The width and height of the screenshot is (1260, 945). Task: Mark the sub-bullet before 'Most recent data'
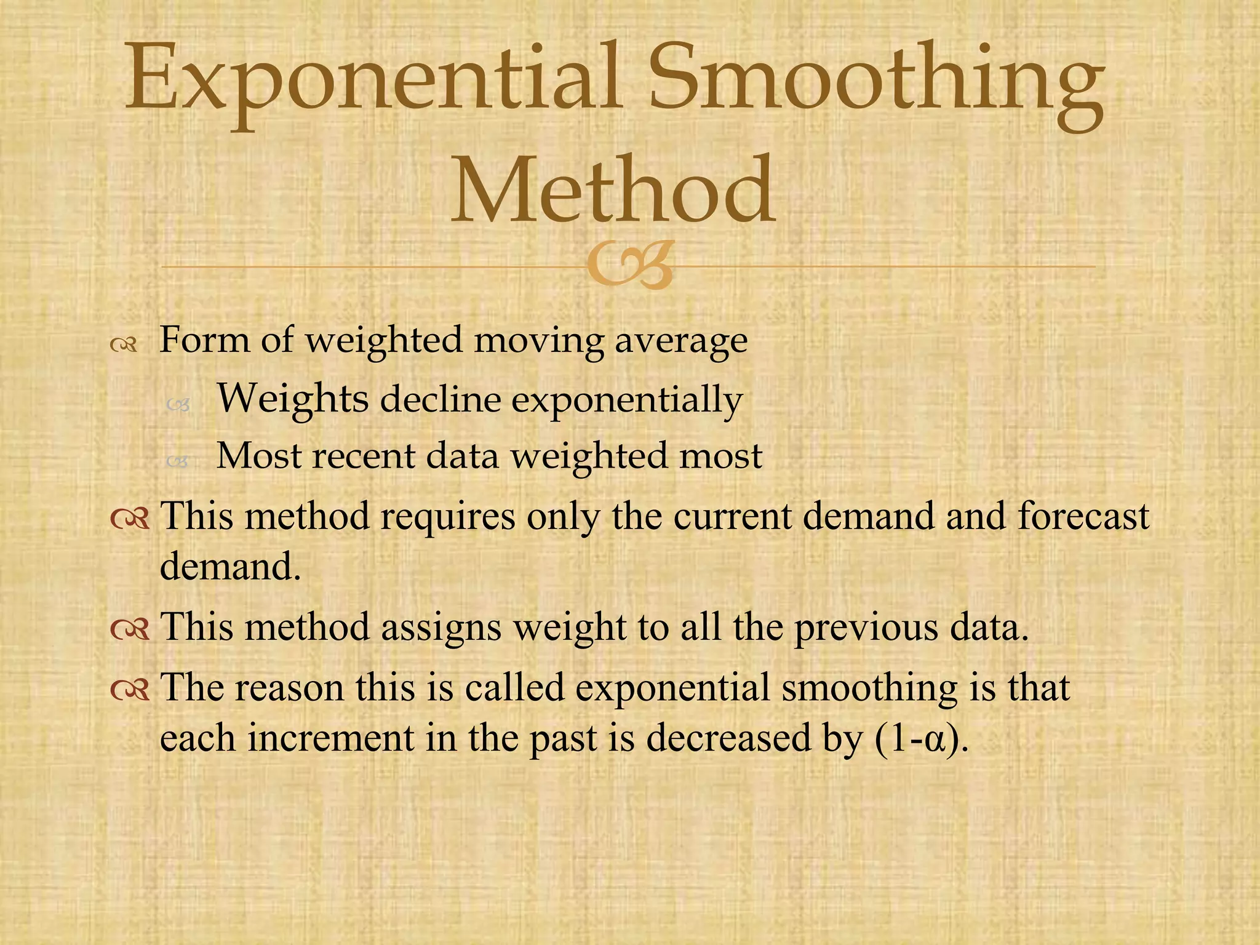click(x=177, y=461)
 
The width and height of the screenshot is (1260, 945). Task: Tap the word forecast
click(x=1083, y=516)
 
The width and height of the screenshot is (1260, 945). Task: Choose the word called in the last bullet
click(x=514, y=687)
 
